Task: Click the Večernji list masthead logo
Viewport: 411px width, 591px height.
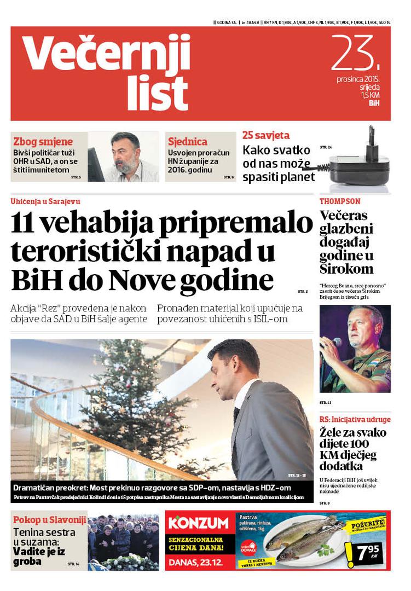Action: click(x=106, y=71)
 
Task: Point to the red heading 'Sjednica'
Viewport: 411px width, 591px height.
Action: click(x=188, y=141)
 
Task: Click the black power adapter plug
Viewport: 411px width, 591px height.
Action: click(x=359, y=162)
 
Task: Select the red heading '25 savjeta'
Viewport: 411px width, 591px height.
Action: click(x=266, y=135)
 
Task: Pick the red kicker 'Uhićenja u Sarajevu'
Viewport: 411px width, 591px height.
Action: click(x=45, y=201)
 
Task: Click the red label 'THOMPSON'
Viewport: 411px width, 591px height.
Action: click(x=340, y=201)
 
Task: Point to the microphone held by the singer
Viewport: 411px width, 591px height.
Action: click(x=335, y=342)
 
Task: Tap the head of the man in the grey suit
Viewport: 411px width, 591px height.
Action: click(x=232, y=366)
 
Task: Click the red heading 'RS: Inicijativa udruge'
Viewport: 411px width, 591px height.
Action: click(x=355, y=420)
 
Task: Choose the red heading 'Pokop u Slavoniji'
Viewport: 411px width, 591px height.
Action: click(x=49, y=520)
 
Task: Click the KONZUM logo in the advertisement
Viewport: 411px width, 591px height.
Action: click(x=198, y=523)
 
